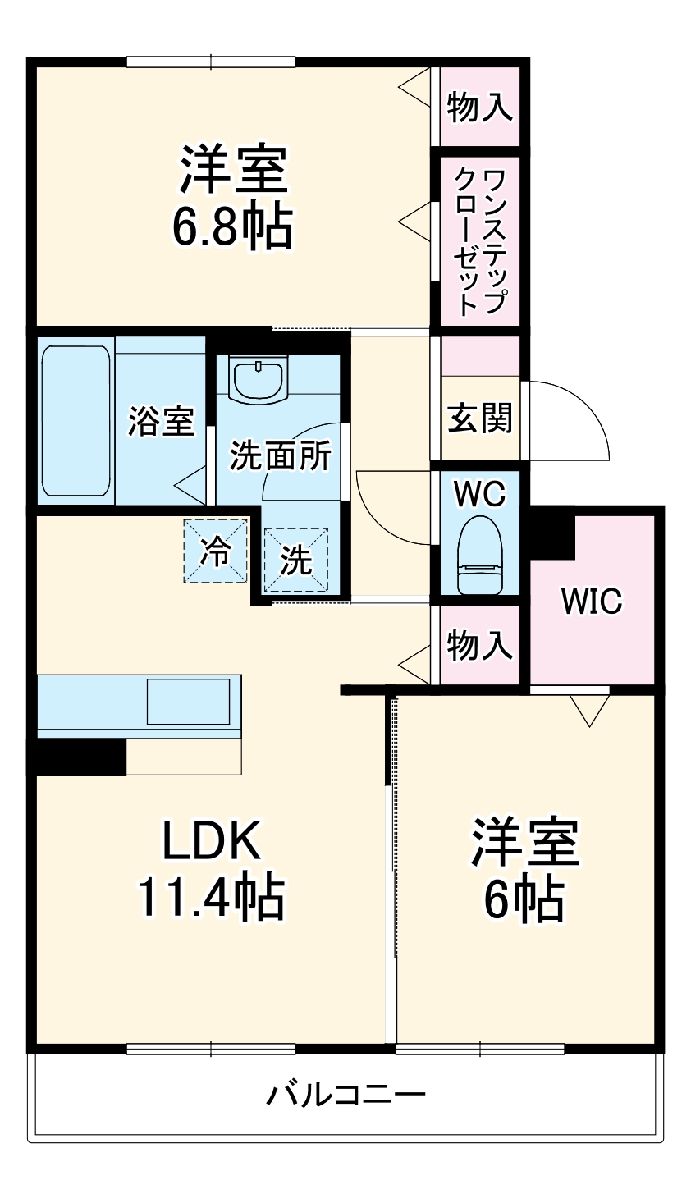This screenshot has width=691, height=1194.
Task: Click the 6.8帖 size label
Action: pos(232,226)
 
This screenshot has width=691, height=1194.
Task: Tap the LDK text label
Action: pos(212,840)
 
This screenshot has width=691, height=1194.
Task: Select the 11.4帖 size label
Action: pos(212,898)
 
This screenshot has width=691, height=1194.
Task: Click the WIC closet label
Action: pos(592,602)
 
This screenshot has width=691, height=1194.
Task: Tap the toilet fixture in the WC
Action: pos(480,555)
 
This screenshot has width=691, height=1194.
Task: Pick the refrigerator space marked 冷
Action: pos(215,551)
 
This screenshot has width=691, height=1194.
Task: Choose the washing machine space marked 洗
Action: pos(296,560)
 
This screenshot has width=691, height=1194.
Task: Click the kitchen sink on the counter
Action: pos(188,702)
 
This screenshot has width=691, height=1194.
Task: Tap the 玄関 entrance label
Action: pos(480,418)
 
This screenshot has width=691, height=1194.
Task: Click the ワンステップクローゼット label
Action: pos(480,241)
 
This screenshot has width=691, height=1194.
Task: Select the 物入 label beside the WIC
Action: pos(480,645)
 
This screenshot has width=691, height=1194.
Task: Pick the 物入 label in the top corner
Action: pos(480,107)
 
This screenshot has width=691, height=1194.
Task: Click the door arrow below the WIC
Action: pos(589,710)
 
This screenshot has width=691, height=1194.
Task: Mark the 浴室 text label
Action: pos(161,422)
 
